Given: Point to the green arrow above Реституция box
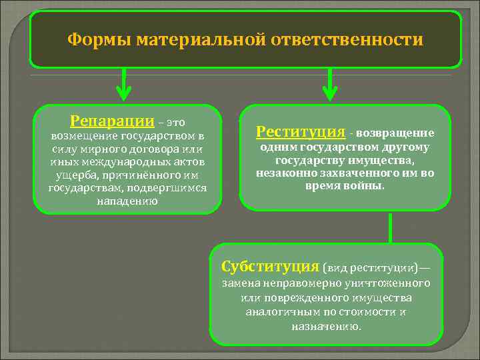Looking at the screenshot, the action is [x=328, y=83].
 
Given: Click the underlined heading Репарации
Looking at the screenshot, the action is [x=111, y=121].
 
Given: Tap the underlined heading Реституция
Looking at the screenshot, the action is [x=300, y=131].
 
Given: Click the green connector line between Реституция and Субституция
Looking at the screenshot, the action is [x=390, y=227].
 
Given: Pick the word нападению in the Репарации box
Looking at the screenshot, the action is [x=127, y=201].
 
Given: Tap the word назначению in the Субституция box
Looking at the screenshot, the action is [x=327, y=327].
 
